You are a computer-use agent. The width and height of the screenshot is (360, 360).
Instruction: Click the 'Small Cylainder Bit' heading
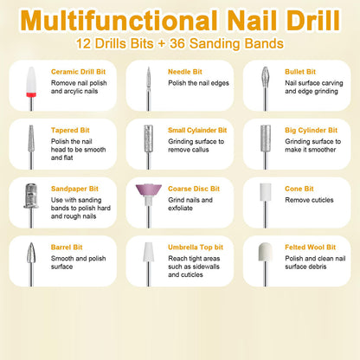coord(201,131)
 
